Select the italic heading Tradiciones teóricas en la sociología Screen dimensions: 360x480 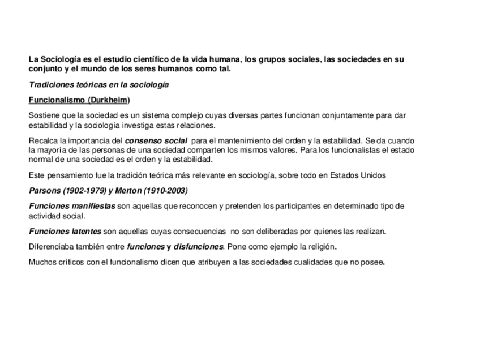tap(98, 85)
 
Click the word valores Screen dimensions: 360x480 tap(267, 150)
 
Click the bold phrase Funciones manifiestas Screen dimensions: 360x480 tap(72, 206)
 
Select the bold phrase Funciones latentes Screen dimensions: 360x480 tap(65, 231)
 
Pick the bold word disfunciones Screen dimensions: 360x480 tap(198, 246)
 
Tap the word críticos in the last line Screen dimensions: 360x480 tap(71, 262)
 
